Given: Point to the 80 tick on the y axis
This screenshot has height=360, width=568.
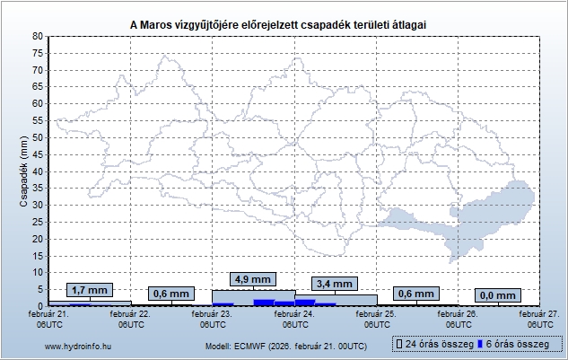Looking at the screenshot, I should pyautogui.click(x=37, y=36).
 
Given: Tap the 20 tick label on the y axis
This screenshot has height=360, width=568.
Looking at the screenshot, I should pyautogui.click(x=37, y=239).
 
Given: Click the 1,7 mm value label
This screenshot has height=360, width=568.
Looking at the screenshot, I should pyautogui.click(x=90, y=290).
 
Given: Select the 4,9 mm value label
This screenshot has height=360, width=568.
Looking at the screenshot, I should pyautogui.click(x=252, y=278).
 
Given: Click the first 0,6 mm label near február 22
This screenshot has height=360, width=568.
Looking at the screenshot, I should pyautogui.click(x=171, y=294).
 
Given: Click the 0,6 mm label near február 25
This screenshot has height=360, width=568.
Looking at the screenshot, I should pyautogui.click(x=415, y=294).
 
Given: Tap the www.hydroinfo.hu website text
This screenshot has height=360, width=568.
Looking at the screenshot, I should pyautogui.click(x=77, y=345).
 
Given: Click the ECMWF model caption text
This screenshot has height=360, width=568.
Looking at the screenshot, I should pyautogui.click(x=285, y=345).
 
